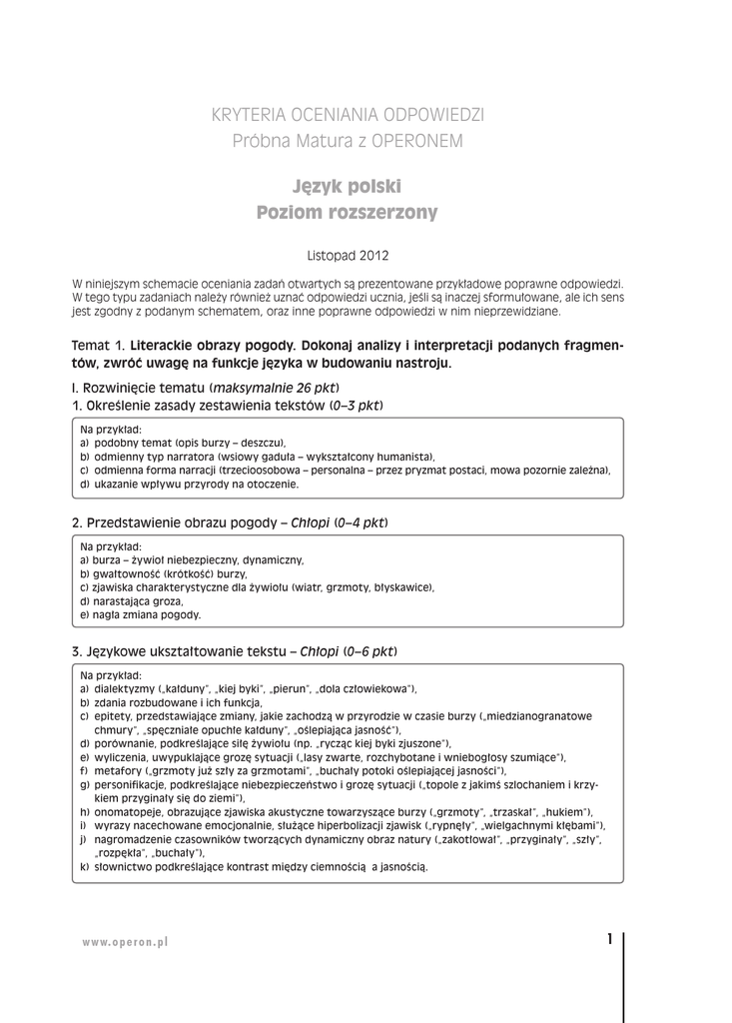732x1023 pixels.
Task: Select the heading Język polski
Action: click(348, 187)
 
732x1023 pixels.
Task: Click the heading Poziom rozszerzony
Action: click(348, 213)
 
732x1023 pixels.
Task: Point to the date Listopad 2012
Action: click(348, 256)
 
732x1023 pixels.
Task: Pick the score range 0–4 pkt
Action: click(360, 522)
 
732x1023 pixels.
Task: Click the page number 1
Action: click(609, 939)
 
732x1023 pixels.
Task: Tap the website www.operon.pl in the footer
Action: click(125, 942)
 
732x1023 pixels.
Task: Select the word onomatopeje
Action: click(127, 812)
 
